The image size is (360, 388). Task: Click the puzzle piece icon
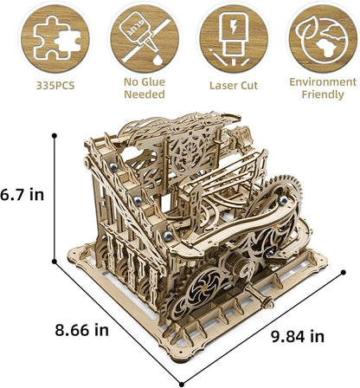point(49,38)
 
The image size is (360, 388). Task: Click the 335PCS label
point(49,87)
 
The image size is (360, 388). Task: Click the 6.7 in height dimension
point(23,195)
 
